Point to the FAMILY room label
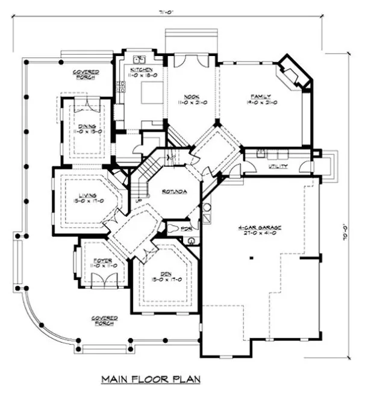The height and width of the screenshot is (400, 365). pos(261,96)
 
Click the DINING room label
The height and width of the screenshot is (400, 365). pos(90,126)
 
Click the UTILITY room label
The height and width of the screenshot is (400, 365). pos(278,166)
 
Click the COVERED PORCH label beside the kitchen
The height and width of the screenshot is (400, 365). pos(86,74)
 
